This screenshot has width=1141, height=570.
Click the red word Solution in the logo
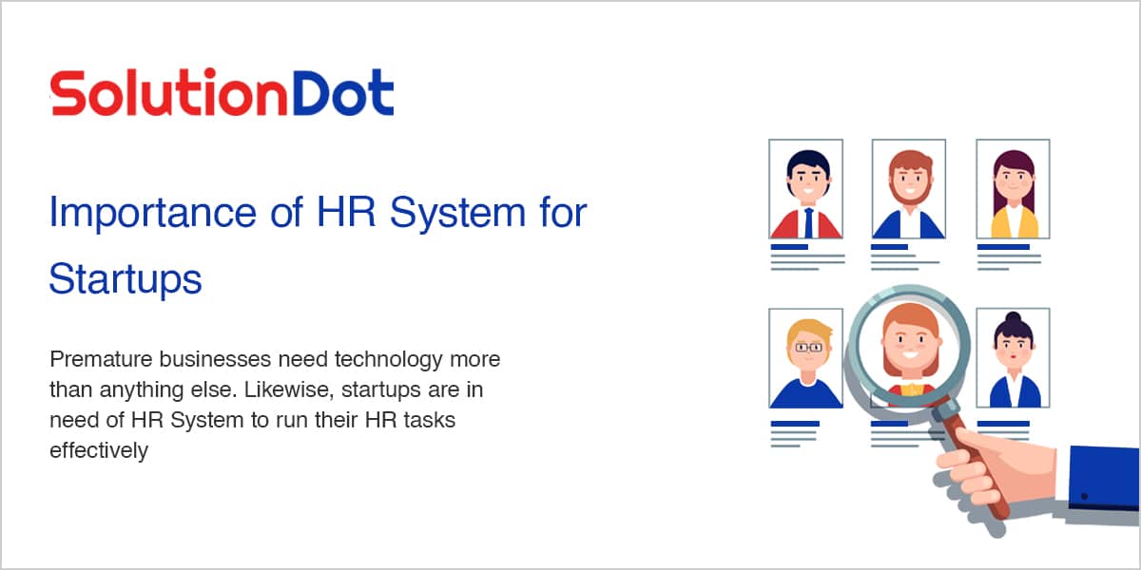click(169, 93)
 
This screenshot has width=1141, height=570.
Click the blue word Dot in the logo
click(343, 93)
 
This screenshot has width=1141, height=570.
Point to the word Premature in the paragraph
click(101, 359)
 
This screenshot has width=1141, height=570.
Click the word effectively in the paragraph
click(99, 450)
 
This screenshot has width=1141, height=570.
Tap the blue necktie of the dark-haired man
click(808, 223)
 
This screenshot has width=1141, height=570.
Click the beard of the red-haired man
click(910, 191)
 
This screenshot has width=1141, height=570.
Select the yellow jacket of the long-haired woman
click(1014, 222)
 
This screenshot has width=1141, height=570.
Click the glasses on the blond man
click(808, 348)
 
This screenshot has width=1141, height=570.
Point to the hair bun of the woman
click(1014, 317)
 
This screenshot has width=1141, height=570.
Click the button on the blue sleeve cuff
click(1085, 496)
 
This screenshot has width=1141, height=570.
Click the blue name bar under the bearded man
click(889, 247)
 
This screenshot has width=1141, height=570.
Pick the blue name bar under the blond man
click(795, 424)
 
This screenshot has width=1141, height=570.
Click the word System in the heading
click(457, 214)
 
